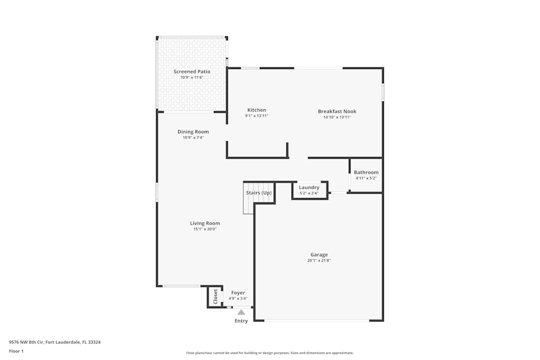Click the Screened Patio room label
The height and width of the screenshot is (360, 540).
pyautogui.click(x=192, y=71)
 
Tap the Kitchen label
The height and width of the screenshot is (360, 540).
pyautogui.click(x=256, y=110)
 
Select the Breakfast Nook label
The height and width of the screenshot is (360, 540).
pyautogui.click(x=337, y=111)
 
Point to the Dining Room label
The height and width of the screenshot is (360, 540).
pyautogui.click(x=193, y=132)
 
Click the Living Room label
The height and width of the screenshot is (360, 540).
pyautogui.click(x=205, y=223)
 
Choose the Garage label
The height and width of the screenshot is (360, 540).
pyautogui.click(x=319, y=255)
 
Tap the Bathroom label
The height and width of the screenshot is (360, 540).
pyautogui.click(x=366, y=172)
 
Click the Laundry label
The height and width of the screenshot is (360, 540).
pyautogui.click(x=309, y=187)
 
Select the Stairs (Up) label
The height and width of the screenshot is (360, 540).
pyautogui.click(x=259, y=193)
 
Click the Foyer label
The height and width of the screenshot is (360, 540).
pyautogui.click(x=238, y=293)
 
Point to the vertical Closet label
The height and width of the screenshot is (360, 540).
pyautogui.click(x=215, y=296)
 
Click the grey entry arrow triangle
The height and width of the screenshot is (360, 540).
pyautogui.click(x=241, y=312)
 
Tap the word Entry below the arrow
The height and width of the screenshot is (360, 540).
pyautogui.click(x=241, y=321)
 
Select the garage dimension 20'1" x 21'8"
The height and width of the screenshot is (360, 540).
pyautogui.click(x=319, y=261)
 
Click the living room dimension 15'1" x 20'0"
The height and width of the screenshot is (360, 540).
pyautogui.click(x=205, y=229)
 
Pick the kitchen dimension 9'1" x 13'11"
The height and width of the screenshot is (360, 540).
pyautogui.click(x=256, y=116)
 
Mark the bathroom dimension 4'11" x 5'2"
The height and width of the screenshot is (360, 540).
pyautogui.click(x=366, y=178)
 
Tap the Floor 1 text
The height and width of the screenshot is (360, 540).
pyautogui.click(x=16, y=351)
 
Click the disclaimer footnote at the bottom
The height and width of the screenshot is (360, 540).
pyautogui.click(x=269, y=353)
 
